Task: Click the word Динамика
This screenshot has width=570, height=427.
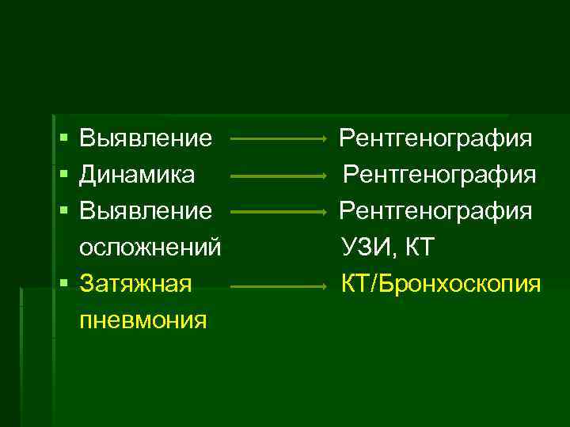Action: [x=138, y=175]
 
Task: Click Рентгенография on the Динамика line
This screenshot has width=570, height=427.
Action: [x=440, y=175]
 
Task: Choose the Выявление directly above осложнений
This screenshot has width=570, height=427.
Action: [x=146, y=211]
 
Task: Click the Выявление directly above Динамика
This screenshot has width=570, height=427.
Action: [x=146, y=139]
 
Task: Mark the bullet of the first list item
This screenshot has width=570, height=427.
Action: [x=63, y=140]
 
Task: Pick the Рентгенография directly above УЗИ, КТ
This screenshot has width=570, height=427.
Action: [x=436, y=211]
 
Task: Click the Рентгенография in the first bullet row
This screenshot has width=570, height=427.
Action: [x=436, y=139]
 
